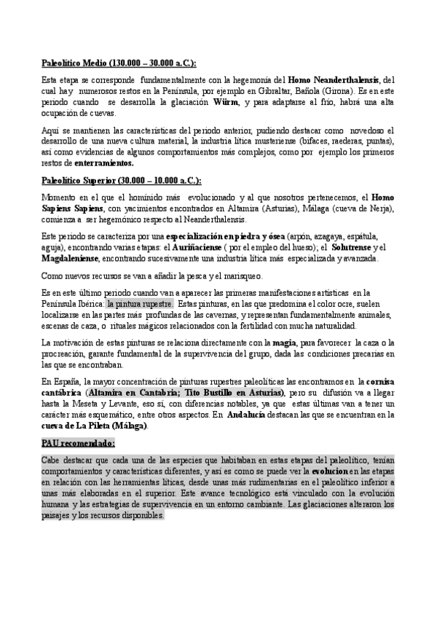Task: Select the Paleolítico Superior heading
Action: (x=119, y=181)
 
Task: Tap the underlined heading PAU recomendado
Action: (x=78, y=443)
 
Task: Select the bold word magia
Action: (x=283, y=341)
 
